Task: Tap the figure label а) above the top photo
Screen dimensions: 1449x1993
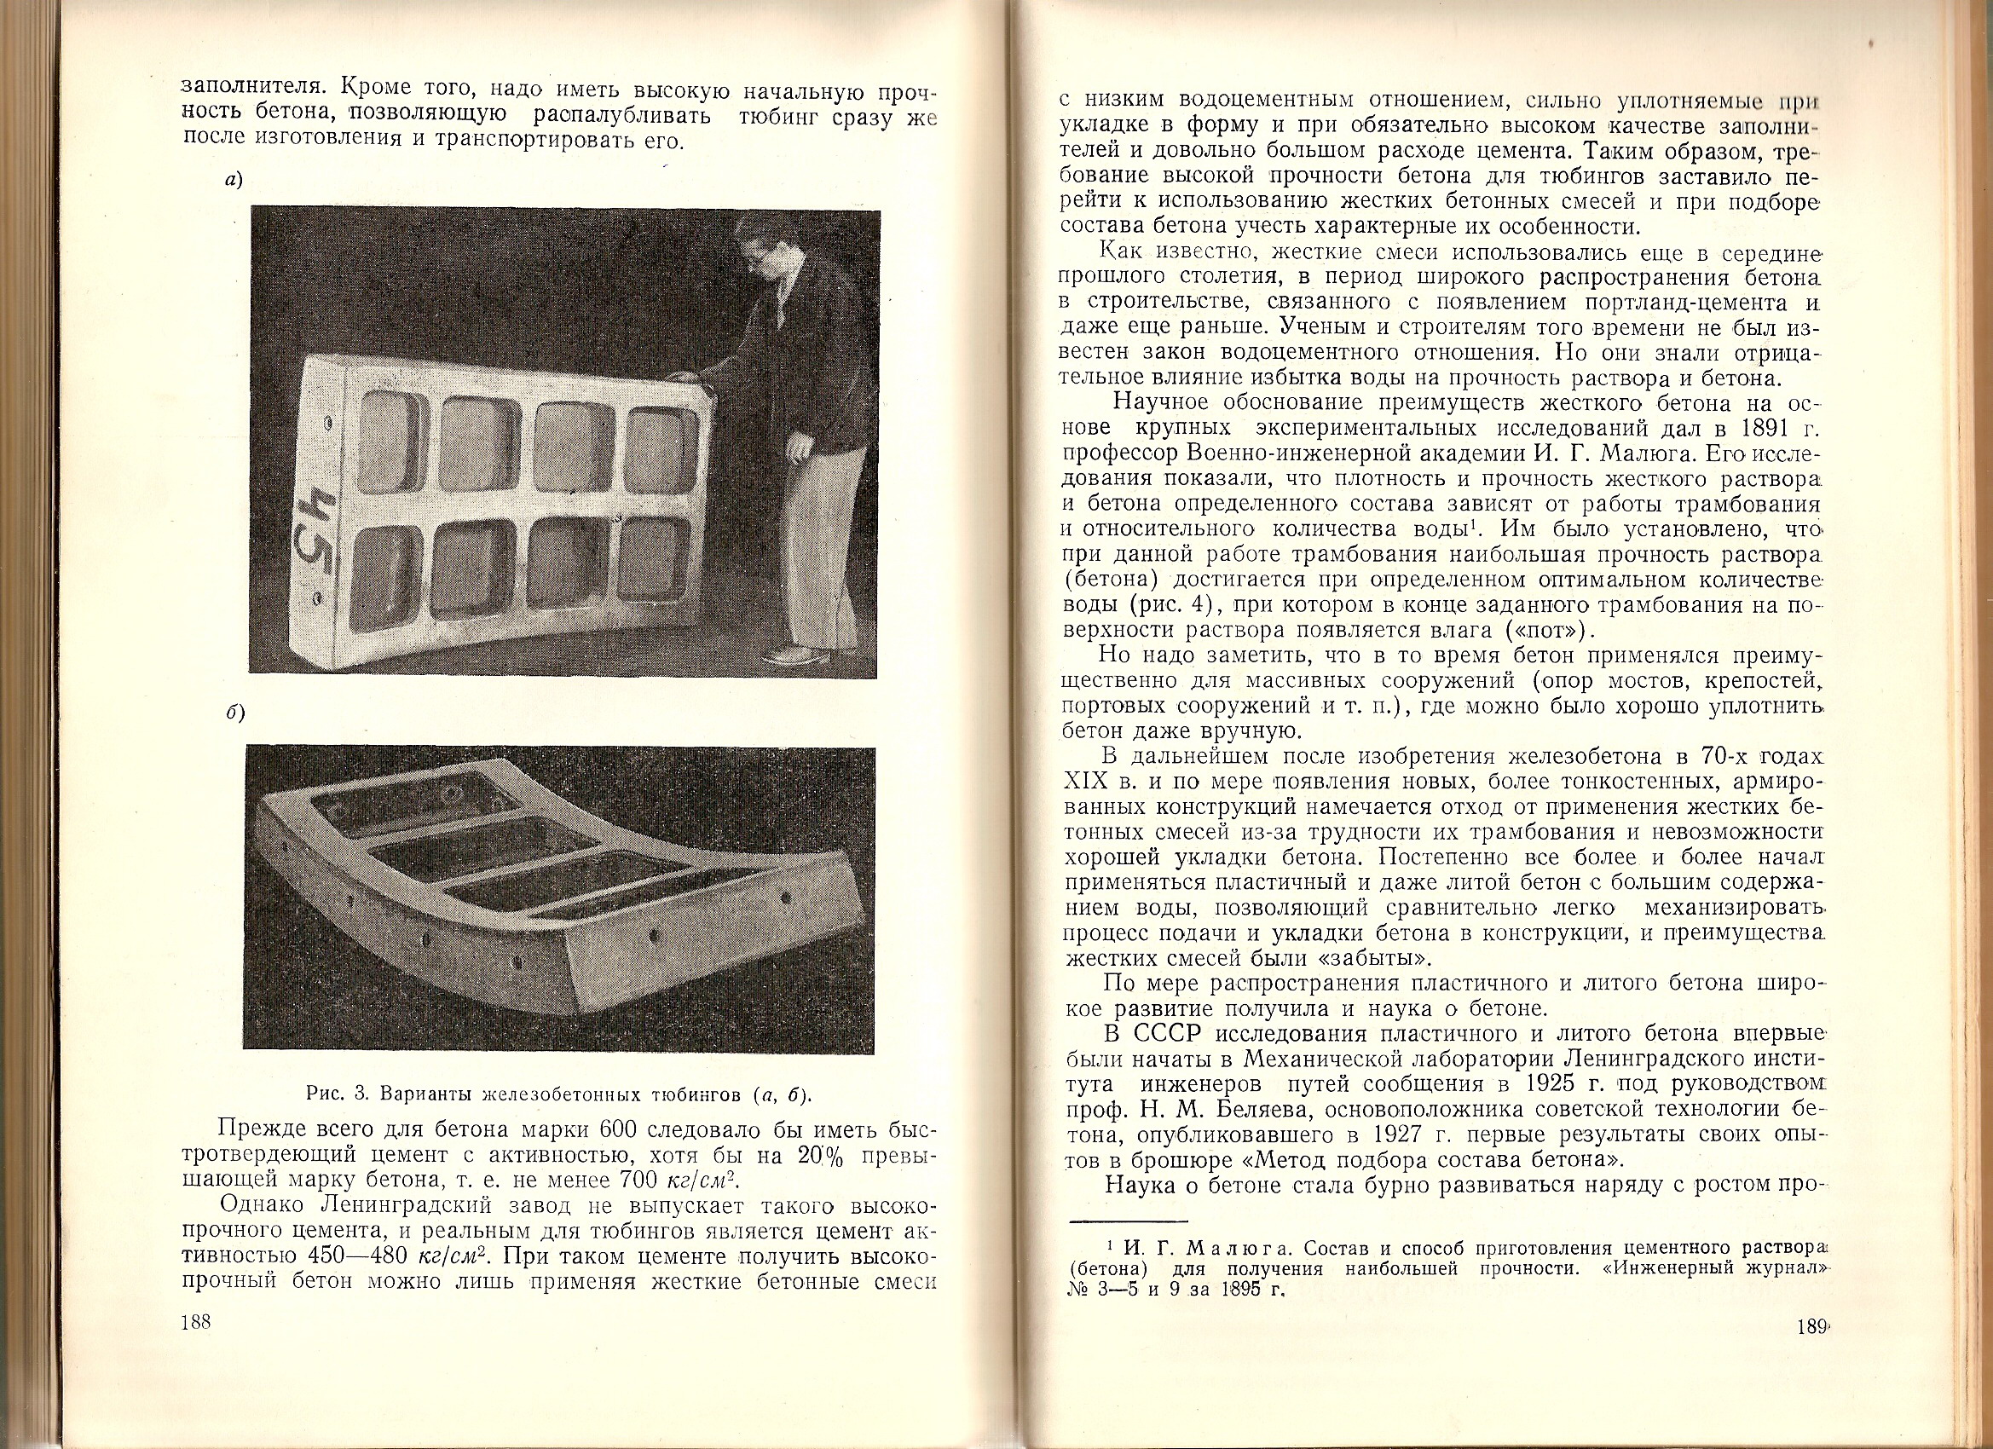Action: pyautogui.click(x=234, y=181)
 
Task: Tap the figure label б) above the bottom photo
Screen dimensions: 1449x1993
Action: pyautogui.click(x=234, y=713)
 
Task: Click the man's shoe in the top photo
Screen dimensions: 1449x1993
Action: pyautogui.click(x=795, y=655)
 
